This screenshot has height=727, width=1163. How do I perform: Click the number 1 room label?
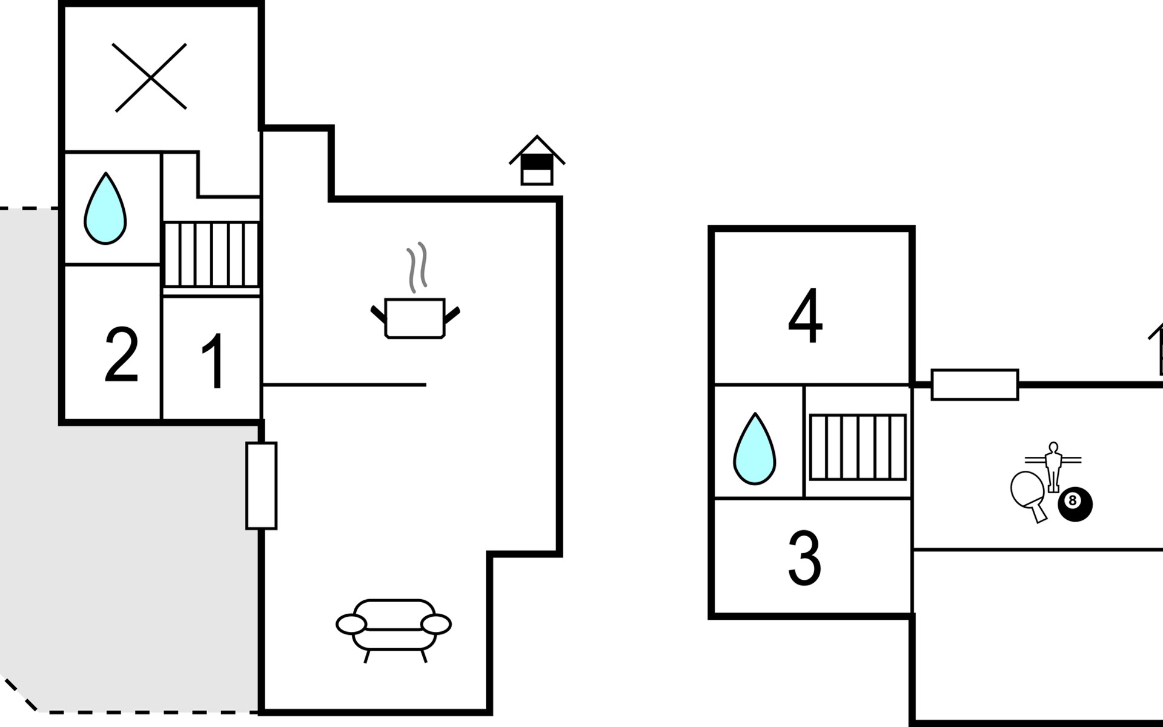point(214,361)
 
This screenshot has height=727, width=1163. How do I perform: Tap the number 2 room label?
point(122,354)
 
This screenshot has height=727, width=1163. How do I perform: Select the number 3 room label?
point(804,558)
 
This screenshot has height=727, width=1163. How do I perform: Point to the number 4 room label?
point(806,316)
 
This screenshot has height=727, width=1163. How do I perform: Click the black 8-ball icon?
point(1075,504)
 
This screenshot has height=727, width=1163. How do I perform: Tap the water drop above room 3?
point(755,449)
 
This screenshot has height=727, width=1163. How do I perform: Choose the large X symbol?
point(151,78)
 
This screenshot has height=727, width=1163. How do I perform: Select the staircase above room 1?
point(212,254)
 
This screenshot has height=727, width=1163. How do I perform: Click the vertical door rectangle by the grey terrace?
point(262,486)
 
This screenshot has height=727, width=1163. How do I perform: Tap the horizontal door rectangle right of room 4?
point(975,385)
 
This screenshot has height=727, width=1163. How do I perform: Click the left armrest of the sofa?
point(351,624)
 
